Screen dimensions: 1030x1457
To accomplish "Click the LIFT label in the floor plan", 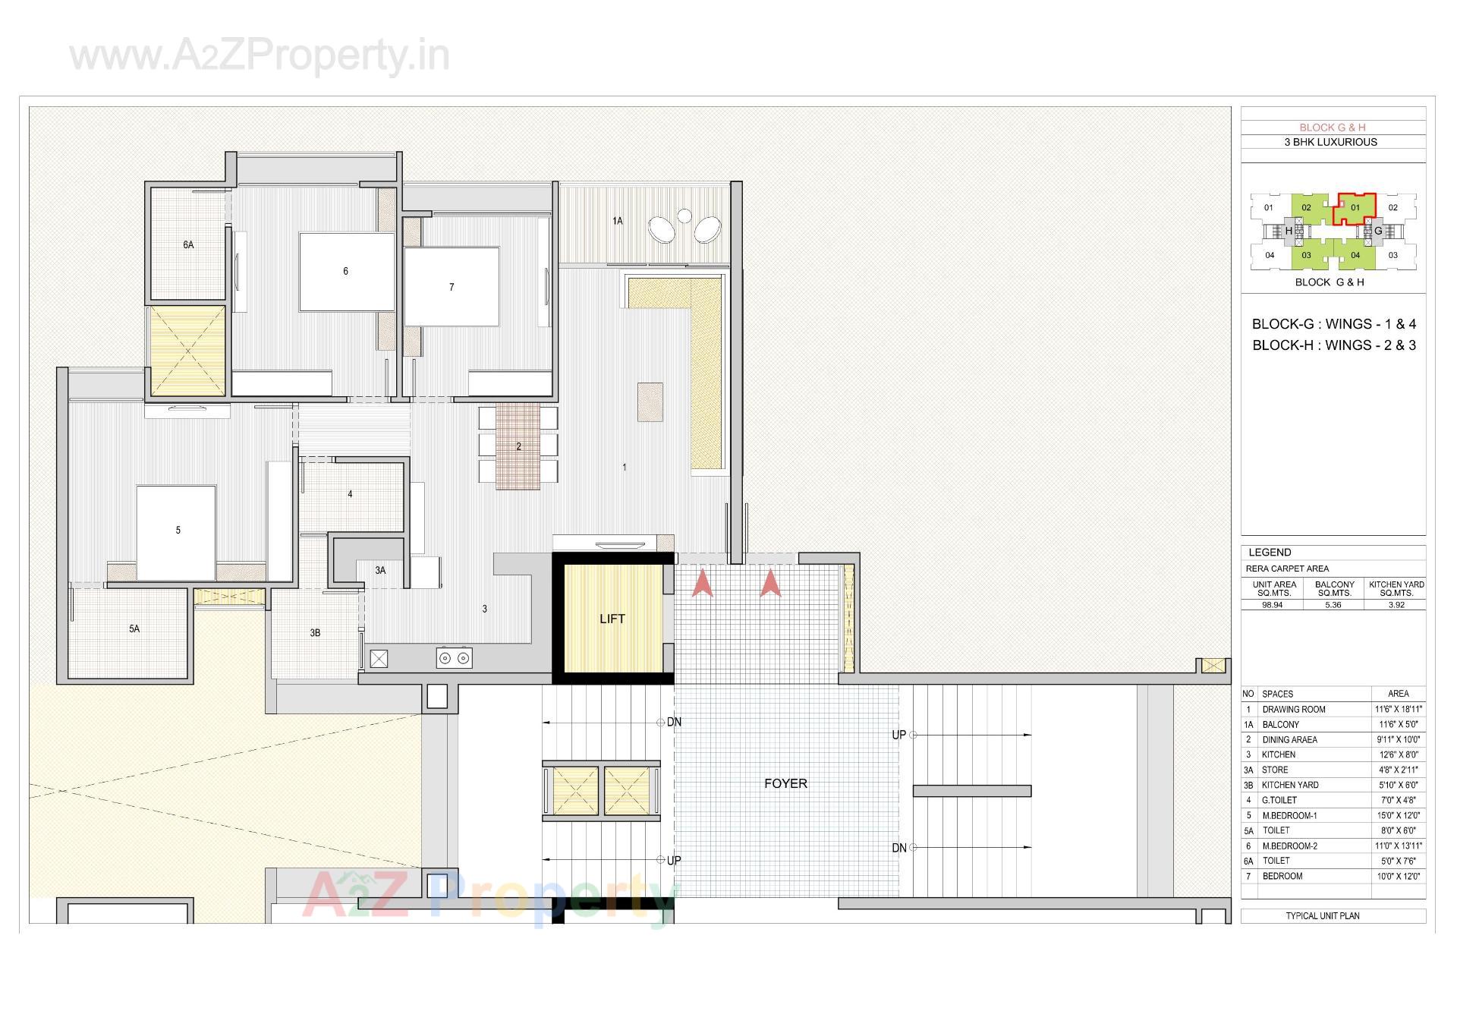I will pyautogui.click(x=612, y=619).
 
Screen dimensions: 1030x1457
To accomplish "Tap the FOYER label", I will pyautogui.click(x=785, y=783).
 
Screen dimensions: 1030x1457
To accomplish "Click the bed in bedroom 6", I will pyautogui.click(x=346, y=272).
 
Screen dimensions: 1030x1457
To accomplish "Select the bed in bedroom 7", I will pyautogui.click(x=452, y=287).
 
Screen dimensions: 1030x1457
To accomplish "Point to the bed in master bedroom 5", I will pyautogui.click(x=176, y=531).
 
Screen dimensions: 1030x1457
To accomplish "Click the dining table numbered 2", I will pyautogui.click(x=518, y=446).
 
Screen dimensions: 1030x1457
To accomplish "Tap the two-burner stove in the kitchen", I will pyautogui.click(x=454, y=658).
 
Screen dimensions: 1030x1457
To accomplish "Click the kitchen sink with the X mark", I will pyautogui.click(x=379, y=658).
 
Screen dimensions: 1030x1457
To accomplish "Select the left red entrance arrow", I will pyautogui.click(x=703, y=584).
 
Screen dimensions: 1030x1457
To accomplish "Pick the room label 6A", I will pyautogui.click(x=188, y=245).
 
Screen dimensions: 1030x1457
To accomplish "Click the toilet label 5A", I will pyautogui.click(x=134, y=628).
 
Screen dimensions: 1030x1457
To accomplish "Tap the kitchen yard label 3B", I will pyautogui.click(x=315, y=632).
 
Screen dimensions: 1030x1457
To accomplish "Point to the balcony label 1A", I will pyautogui.click(x=618, y=221).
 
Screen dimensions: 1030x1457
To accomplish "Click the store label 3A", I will pyautogui.click(x=380, y=570).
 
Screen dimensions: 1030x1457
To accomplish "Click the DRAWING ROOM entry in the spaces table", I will pyautogui.click(x=1293, y=709).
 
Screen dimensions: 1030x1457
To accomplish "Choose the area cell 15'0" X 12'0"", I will pyautogui.click(x=1398, y=815).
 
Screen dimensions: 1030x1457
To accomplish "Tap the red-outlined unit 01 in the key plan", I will pyautogui.click(x=1355, y=207).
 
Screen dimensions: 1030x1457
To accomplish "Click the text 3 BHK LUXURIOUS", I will pyautogui.click(x=1330, y=142).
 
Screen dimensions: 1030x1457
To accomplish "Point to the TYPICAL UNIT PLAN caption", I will pyautogui.click(x=1323, y=915).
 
